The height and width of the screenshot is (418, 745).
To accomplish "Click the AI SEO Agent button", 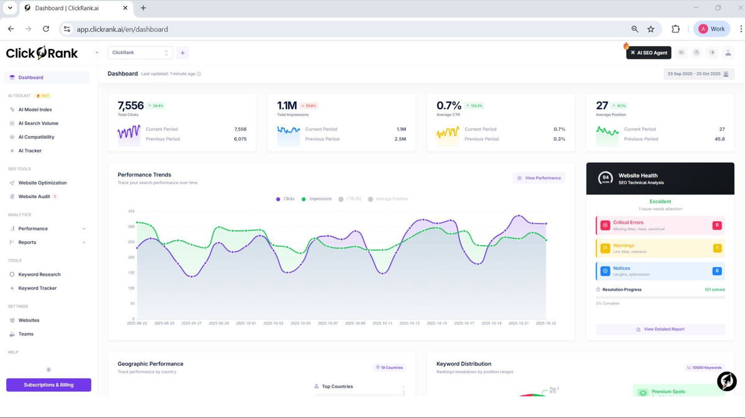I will [649, 53].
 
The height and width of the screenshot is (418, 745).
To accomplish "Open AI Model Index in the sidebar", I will [35, 110].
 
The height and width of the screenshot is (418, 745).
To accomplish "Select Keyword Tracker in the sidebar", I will [37, 288].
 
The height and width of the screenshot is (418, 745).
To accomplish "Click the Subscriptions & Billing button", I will [48, 385].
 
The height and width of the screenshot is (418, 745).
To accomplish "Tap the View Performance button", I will [539, 178].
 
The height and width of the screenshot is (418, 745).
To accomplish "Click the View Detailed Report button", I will [660, 329].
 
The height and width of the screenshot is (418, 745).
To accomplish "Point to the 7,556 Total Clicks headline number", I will [131, 106].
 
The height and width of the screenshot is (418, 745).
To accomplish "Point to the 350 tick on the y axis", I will [131, 211].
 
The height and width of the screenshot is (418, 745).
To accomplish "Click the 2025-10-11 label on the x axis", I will [382, 324].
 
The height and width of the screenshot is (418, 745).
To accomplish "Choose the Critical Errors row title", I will [628, 222].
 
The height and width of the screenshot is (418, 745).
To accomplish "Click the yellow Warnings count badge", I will [717, 248].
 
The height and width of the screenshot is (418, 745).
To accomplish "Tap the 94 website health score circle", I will [605, 179].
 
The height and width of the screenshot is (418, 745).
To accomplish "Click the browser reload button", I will [46, 29].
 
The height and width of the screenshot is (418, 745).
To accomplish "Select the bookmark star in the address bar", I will [651, 29].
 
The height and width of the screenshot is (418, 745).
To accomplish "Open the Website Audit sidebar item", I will [34, 197].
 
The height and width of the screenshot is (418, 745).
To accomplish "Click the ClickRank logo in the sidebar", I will [42, 53].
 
